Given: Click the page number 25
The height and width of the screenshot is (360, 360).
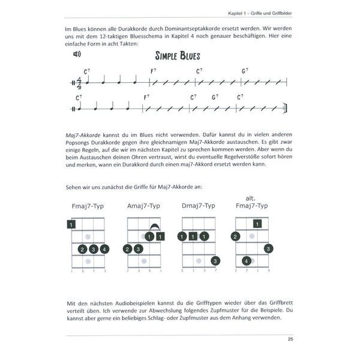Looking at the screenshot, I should click(290, 342).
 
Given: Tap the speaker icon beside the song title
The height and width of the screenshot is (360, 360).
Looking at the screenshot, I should click(77, 54).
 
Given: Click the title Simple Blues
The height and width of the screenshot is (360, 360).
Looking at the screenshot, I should click(178, 56).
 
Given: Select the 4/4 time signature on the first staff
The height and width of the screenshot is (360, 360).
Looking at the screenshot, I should click(79, 82).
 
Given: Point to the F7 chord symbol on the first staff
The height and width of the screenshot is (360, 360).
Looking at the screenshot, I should click(154, 70).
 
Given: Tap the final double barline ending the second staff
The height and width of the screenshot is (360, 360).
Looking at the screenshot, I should click(290, 109).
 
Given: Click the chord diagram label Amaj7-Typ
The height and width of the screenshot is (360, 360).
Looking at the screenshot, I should click(143, 206).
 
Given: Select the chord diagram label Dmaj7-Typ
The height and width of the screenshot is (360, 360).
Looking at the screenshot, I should click(198, 206).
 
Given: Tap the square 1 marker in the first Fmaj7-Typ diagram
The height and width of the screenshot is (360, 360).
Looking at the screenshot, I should click(71, 224).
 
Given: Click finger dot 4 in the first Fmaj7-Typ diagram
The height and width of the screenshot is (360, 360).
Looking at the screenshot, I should click(105, 249).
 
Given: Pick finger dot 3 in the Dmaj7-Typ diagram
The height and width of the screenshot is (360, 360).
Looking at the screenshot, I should click(215, 260).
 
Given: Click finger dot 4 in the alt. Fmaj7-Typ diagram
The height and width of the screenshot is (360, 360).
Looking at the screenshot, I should click(246, 261).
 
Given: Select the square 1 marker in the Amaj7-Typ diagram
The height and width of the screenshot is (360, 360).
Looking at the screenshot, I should click(160, 236).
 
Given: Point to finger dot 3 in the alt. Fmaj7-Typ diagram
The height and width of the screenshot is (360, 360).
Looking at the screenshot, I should click(268, 248).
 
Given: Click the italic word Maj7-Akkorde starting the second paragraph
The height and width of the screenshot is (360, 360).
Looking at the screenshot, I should click(83, 137).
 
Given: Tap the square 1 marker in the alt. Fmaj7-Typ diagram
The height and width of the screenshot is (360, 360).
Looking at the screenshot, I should click(257, 224).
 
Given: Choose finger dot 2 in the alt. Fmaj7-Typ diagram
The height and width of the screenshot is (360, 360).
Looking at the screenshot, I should click(235, 236).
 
